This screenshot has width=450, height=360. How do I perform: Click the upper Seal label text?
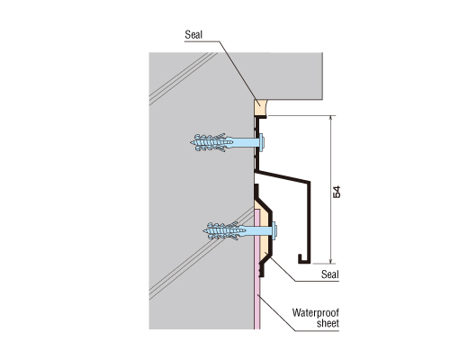193,35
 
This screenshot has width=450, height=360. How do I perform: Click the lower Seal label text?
330,274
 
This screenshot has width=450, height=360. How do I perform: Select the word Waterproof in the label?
316,313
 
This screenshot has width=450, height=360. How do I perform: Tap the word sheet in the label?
328,323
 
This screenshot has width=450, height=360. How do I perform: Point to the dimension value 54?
337,192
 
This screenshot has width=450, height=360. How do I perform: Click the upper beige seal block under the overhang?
260,108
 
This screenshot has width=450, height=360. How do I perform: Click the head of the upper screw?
262,142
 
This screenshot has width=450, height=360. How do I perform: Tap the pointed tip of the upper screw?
191,142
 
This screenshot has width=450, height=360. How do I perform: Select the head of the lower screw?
274,231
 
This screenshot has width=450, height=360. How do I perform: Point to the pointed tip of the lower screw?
203,231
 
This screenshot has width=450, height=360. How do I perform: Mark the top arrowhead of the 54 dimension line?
330,118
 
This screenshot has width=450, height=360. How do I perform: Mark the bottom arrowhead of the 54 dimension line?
330,261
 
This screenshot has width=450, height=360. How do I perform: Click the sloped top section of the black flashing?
282,176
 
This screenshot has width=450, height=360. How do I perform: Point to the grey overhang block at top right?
288,76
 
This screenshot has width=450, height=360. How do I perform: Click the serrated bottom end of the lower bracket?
261,269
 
